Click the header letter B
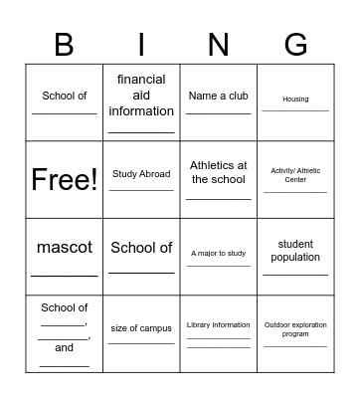65,45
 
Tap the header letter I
141,45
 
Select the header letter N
218,45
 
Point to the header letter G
295,45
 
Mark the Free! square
65,179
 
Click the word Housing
295,99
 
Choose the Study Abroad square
141,174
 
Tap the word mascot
65,247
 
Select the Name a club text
218,96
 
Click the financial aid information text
141,96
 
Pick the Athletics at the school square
218,172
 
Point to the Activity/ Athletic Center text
295,175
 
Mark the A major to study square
218,254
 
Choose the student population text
295,251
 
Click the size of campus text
141,328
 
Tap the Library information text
218,325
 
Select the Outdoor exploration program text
295,329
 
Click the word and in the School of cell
65,348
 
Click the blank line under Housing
295,111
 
